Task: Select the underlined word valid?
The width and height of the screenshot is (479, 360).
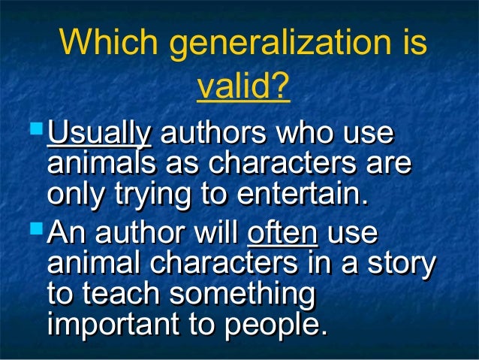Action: [243, 88]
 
